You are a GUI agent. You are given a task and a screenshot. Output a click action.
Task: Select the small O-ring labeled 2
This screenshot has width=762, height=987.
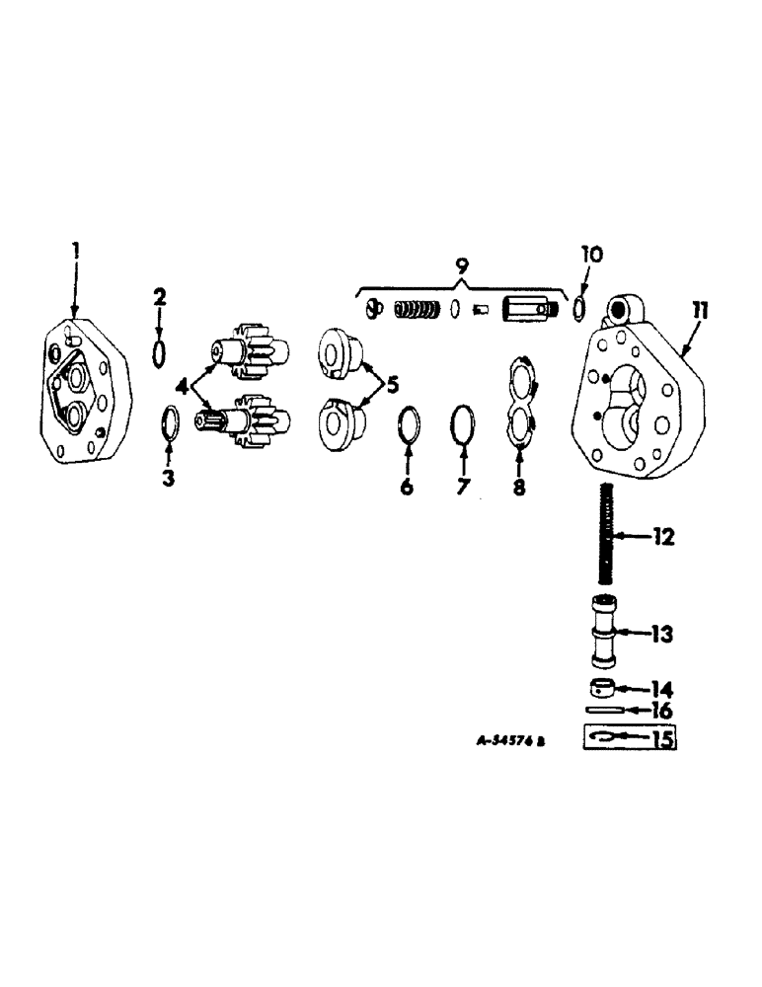click(x=159, y=351)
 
